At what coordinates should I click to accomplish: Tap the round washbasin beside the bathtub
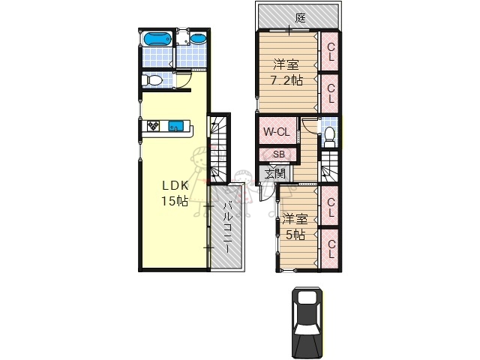(197, 39)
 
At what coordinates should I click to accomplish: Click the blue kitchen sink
(177, 126)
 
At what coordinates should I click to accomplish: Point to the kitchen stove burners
(154, 126)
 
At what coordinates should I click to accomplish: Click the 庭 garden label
(300, 17)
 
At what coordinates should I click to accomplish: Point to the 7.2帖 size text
(286, 79)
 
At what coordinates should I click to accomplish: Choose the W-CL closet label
(275, 132)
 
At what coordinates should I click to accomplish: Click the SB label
(278, 155)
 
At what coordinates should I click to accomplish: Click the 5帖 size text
(294, 234)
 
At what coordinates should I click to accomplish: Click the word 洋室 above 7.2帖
(285, 64)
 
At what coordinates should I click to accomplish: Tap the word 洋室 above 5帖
(294, 220)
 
